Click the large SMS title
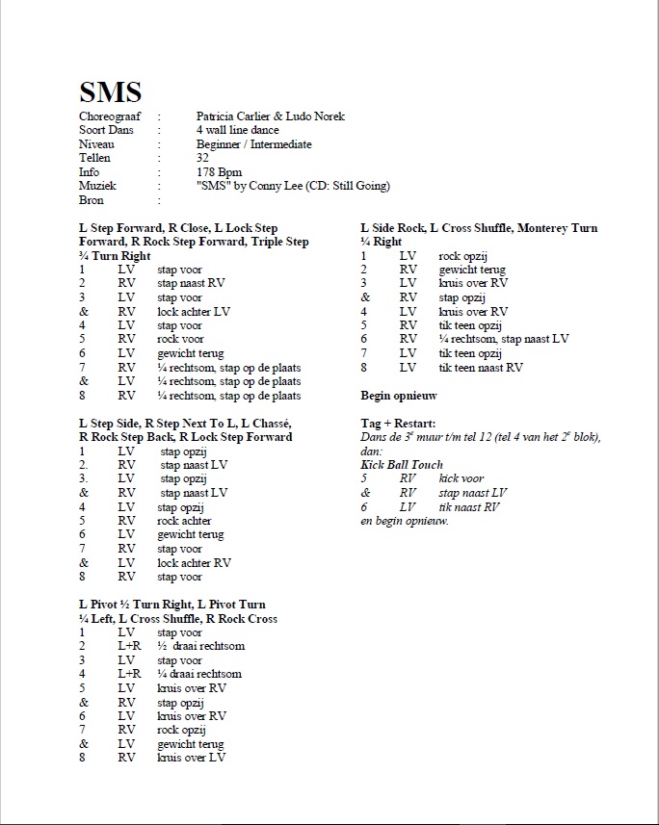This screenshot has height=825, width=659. pos(110,92)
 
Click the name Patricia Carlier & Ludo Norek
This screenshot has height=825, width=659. pos(270,116)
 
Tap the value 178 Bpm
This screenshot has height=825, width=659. pos(218,172)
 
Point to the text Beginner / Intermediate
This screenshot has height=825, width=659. pos(253,144)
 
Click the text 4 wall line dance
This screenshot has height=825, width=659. pos(237,130)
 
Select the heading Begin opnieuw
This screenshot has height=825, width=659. pos(399,396)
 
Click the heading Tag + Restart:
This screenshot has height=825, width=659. pos(397,424)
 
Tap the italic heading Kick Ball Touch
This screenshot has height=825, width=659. pos(402,465)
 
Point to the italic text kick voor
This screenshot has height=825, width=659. pos(461,478)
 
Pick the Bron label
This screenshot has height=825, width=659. pos(92,200)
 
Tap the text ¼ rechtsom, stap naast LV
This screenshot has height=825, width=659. pos(504,339)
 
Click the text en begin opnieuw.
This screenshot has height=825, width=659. pos(405,521)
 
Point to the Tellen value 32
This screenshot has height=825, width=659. pos(202,158)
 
